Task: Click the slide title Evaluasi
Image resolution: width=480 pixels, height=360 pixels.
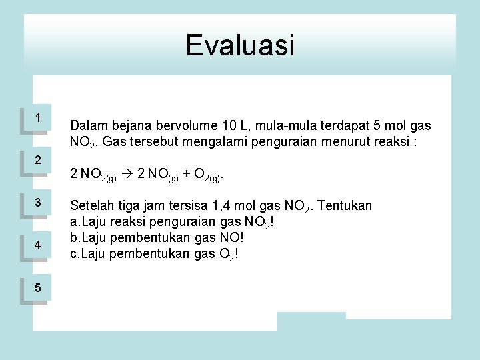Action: [x=240, y=45]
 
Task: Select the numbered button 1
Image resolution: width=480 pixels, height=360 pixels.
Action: [x=38, y=119]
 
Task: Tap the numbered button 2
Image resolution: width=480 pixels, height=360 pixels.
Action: [x=38, y=161]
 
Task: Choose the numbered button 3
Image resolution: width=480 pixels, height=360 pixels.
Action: [x=38, y=203]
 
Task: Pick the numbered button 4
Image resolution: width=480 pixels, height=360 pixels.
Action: [x=38, y=245]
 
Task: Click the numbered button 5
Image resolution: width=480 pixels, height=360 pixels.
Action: [x=38, y=288]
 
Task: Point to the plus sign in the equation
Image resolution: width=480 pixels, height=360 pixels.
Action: [x=187, y=175]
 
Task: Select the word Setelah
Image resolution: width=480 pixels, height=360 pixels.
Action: [x=92, y=206]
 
